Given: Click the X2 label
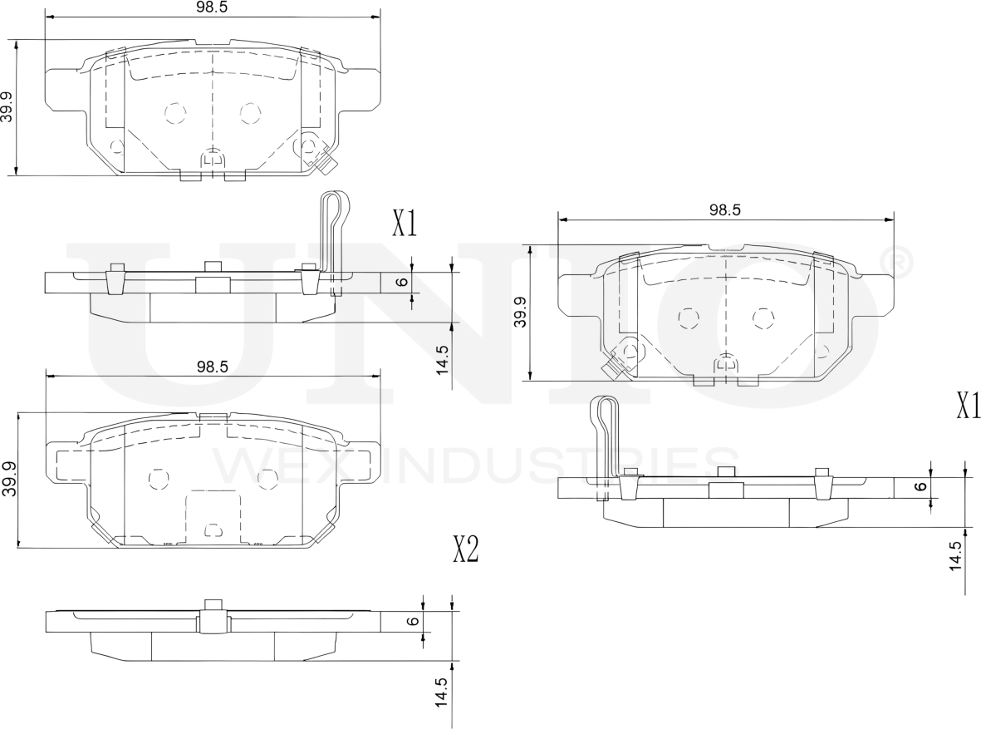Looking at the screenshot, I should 465,549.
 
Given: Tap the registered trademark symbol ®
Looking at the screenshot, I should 900,262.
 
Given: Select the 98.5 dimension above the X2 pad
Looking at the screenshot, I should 213,366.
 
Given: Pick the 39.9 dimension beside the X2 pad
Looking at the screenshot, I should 10,480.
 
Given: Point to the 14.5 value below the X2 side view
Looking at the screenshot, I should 442,692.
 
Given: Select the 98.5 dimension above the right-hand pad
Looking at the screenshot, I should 725,210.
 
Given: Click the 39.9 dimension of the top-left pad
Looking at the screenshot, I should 8,108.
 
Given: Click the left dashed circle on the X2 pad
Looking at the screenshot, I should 158,477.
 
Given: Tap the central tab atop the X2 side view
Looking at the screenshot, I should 213,604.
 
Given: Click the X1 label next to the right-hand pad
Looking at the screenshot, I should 968,406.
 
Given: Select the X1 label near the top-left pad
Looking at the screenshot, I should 405,223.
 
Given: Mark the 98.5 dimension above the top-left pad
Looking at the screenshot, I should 213,7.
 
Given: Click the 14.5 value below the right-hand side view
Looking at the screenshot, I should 956,554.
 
